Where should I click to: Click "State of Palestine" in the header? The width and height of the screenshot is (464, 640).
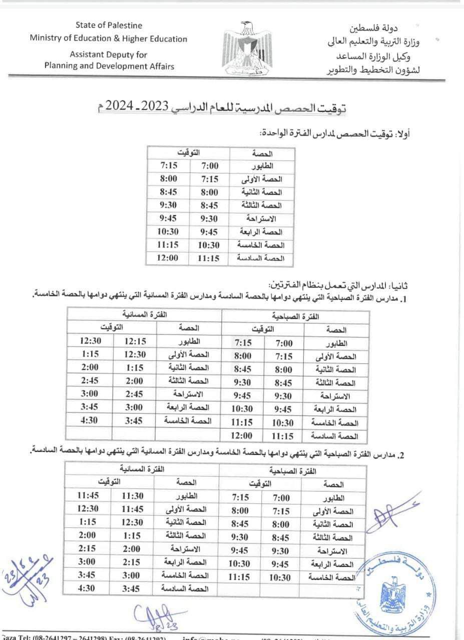click(x=109, y=25)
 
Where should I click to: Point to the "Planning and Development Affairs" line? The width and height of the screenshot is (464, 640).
click(x=109, y=66)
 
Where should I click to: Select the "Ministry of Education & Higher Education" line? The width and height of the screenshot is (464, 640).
click(x=109, y=38)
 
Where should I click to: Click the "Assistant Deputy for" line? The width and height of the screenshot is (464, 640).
click(x=109, y=55)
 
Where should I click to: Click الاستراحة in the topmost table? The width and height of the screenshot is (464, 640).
click(x=262, y=219)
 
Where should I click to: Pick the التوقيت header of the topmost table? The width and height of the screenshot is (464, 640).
click(x=189, y=151)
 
